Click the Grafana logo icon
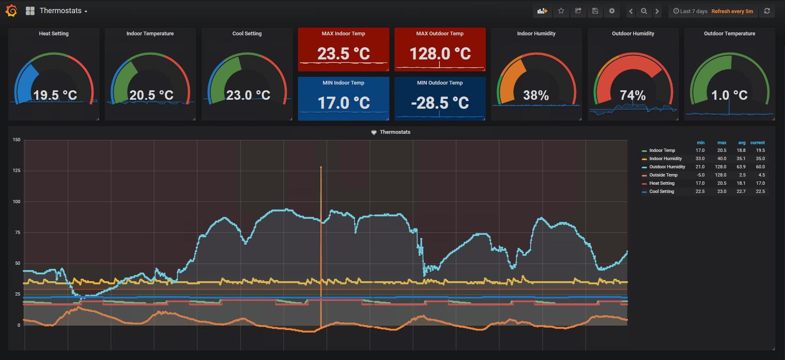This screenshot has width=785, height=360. click(11, 11)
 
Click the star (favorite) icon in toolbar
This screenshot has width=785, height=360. click(561, 11)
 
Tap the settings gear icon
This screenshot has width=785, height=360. click(612, 11)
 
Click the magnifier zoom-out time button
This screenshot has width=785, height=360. click(644, 11)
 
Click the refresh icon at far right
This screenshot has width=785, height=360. click(767, 11)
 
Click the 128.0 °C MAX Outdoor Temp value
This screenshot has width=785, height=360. click(440, 54)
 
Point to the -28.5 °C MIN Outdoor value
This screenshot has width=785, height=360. click(440, 103)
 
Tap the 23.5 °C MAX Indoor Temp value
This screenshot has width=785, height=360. click(343, 54)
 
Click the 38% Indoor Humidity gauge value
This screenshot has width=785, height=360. click(536, 96)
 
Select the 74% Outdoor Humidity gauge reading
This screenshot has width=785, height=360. click(633, 96)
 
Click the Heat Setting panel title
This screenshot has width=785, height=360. click(54, 34)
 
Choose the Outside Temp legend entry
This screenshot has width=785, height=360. click(663, 175)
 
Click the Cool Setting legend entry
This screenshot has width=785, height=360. click(661, 191)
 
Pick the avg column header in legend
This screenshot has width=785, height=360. click(742, 143)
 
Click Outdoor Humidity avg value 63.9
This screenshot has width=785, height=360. click(741, 167)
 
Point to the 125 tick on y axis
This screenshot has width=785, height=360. click(16, 171)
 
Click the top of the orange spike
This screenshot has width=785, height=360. click(321, 167)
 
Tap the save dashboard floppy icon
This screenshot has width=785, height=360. click(595, 11)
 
